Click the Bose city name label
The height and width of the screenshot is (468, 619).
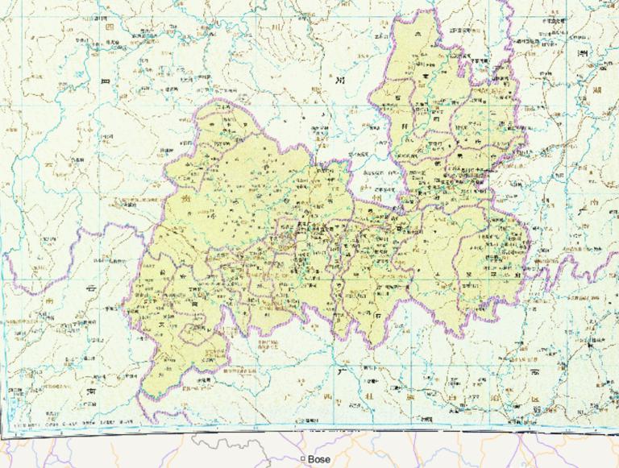(x=319, y=459)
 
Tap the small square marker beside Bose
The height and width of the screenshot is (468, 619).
(x=303, y=459)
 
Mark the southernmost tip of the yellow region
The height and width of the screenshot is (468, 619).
(x=145, y=398)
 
